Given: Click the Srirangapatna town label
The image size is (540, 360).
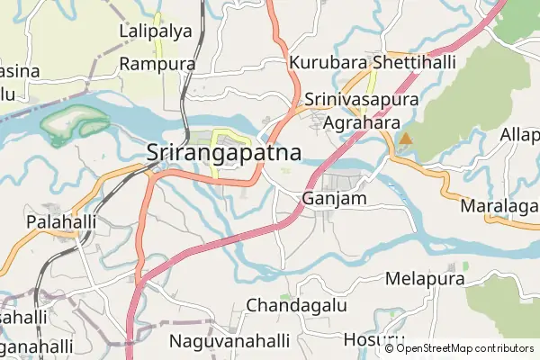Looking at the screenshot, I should (x=223, y=153).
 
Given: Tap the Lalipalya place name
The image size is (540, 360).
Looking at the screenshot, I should (x=156, y=31).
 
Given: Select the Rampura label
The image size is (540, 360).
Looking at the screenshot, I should (x=157, y=64).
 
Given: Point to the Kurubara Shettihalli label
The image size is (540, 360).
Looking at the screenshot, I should (x=373, y=63).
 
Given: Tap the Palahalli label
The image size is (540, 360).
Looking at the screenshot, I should (x=61, y=221).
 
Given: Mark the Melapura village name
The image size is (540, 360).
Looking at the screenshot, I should (x=425, y=279).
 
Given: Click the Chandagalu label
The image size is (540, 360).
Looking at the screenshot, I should (x=296, y=305).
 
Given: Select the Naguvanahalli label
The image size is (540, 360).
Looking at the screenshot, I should (x=225, y=341).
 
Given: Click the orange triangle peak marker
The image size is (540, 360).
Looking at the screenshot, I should (x=406, y=139).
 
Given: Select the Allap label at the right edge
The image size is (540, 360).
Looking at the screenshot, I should (x=520, y=134).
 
